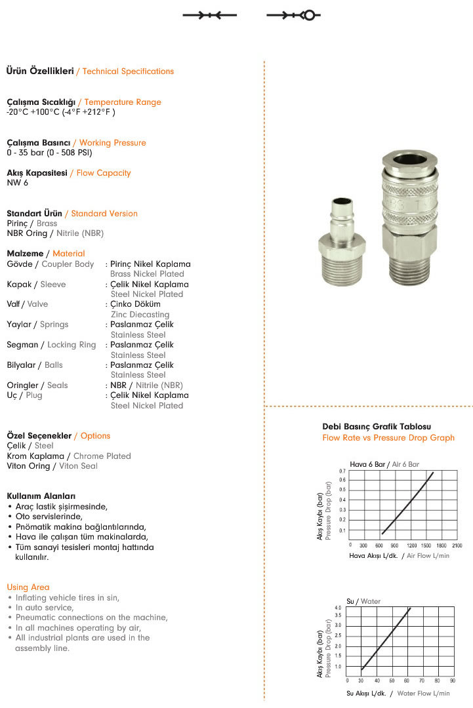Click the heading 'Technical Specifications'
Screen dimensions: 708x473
coord(129,71)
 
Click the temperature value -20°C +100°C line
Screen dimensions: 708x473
coord(61,112)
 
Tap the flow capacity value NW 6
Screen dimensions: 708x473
coord(18,183)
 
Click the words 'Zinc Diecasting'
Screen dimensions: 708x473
coord(140,315)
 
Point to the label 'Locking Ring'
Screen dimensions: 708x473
coord(72,345)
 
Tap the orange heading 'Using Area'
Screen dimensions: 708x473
coord(28,587)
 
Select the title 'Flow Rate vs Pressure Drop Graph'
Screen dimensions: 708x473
coord(388,438)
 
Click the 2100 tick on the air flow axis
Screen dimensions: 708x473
coord(457,545)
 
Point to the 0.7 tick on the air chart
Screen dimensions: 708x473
coord(342,471)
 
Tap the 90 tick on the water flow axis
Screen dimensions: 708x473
coord(453,680)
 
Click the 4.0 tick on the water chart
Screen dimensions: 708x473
coord(338,608)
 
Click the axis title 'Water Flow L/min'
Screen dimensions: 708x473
coord(424,693)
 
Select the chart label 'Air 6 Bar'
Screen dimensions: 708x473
coord(405,464)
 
